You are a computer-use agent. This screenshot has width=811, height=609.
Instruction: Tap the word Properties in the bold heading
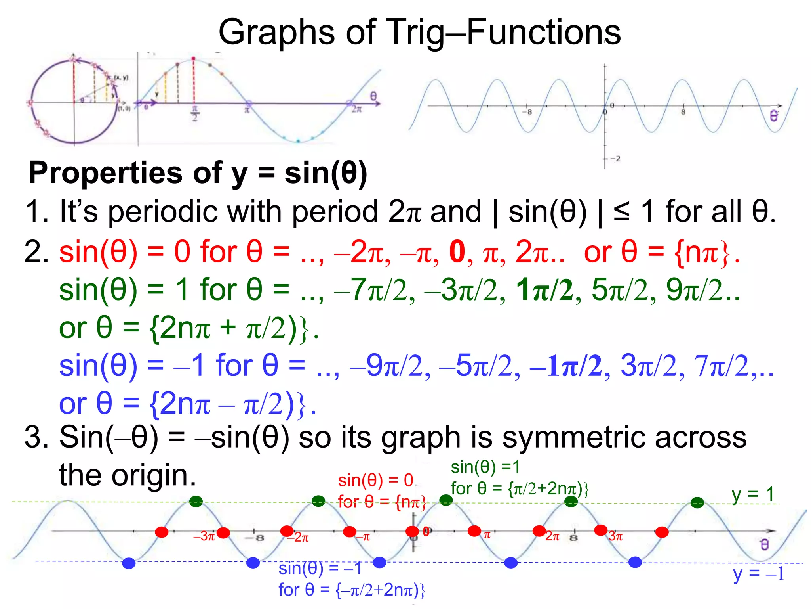105,173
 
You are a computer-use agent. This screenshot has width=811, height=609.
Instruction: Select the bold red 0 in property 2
457,252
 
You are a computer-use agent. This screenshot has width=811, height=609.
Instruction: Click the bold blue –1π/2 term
566,366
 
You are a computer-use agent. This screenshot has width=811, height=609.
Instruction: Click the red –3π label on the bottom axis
204,536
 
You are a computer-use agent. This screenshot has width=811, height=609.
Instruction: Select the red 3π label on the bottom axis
615,536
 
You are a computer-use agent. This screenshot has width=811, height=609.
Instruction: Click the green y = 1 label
753,494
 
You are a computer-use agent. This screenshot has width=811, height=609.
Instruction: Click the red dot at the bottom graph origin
412,531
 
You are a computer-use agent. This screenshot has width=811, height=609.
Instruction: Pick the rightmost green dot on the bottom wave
697,503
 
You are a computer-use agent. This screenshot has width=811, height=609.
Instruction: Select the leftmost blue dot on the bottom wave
129,563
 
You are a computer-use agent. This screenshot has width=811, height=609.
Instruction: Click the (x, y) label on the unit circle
121,78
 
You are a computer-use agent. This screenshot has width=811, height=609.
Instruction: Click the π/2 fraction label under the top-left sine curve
194,113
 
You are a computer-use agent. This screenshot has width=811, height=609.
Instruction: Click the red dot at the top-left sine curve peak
193,59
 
